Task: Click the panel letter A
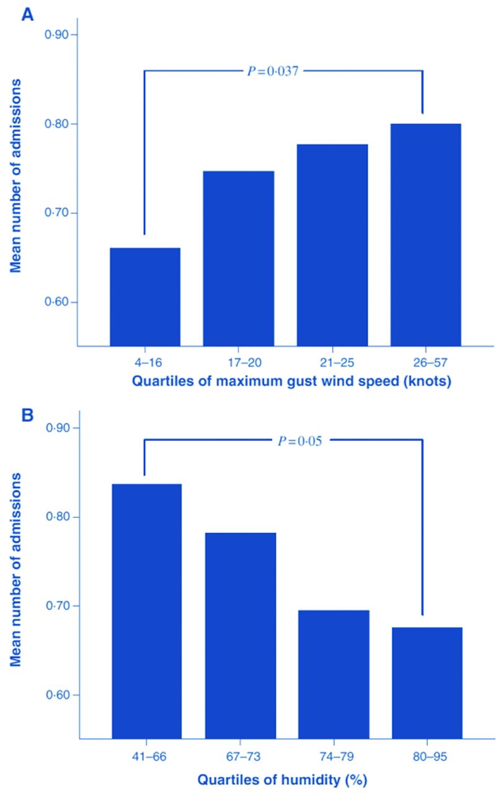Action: tap(27, 14)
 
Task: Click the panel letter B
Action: tap(27, 414)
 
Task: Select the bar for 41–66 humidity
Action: tap(147, 611)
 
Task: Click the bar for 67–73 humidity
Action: tap(241, 635)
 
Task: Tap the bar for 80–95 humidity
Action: tap(428, 683)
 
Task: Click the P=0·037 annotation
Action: tap(273, 71)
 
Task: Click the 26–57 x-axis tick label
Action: tap(426, 360)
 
